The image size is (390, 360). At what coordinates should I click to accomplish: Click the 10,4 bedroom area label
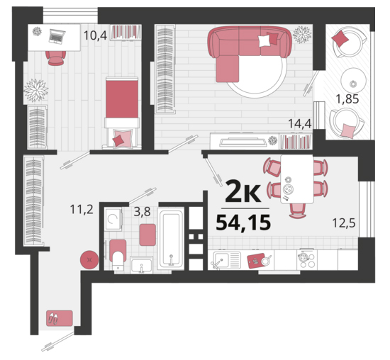(x=95, y=35)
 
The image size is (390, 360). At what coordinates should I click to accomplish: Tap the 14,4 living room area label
(x=300, y=123)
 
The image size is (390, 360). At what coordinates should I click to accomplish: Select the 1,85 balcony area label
(x=347, y=99)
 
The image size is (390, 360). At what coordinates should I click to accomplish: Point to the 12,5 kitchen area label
(x=344, y=223)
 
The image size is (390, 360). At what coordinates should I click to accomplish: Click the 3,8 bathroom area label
(x=143, y=212)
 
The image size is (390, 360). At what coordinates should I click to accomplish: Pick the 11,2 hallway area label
(x=82, y=209)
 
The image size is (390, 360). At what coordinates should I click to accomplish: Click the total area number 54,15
(x=243, y=223)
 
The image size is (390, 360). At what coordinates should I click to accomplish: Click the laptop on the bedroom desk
(x=57, y=37)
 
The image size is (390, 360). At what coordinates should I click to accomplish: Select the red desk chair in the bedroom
(x=56, y=58)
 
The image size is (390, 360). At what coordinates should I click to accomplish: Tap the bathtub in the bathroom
(x=171, y=239)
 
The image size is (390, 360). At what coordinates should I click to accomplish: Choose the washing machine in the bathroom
(x=113, y=219)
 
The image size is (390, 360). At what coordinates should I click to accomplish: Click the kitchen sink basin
(x=222, y=260)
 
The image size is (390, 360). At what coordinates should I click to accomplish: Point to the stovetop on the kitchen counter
(x=307, y=259)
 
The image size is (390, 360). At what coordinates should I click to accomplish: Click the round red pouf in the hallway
(x=89, y=260)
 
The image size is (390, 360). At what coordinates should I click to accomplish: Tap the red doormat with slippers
(x=60, y=318)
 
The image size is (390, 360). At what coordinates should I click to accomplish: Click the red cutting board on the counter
(x=256, y=261)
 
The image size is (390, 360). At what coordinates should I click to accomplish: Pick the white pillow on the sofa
(x=264, y=41)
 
